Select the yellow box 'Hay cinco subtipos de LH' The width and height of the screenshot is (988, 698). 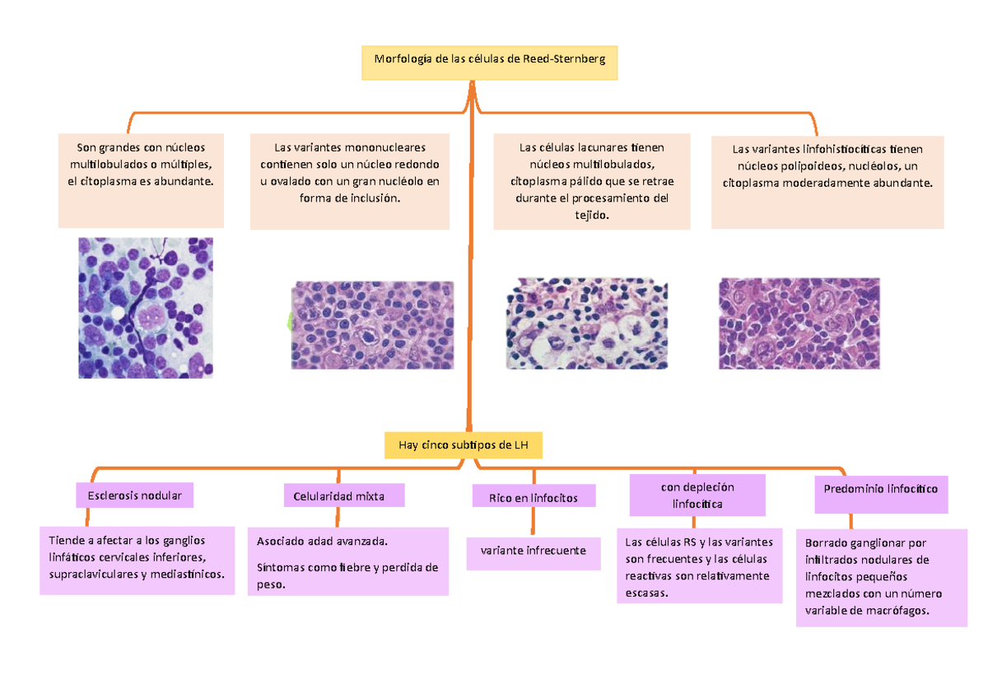point(464,445)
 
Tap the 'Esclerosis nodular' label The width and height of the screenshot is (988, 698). point(134,496)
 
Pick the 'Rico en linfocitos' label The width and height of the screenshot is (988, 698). point(534,498)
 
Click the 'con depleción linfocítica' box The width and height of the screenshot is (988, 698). point(697,495)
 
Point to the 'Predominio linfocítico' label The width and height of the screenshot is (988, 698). point(880,488)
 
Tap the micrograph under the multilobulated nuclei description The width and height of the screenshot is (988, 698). point(146,308)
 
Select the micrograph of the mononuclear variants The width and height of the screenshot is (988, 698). point(373,324)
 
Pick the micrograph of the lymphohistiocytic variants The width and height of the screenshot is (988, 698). point(799,323)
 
